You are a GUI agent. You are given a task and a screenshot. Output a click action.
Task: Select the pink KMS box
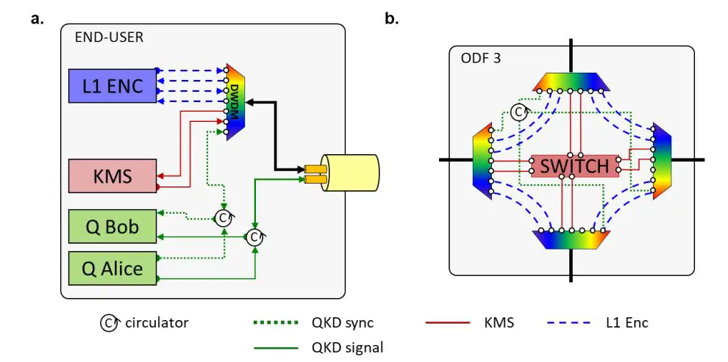tap(112, 176)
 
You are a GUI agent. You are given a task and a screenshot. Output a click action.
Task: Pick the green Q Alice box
tap(112, 268)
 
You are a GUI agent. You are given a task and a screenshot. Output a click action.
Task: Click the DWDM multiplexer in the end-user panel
tap(235, 101)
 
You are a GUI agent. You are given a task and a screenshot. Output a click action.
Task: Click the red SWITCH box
tap(574, 166)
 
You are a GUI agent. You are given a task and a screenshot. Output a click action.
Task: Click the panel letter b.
tap(392, 19)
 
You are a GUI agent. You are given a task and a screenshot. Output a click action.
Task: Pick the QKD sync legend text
tap(346, 322)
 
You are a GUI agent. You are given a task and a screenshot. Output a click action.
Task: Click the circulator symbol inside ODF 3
tap(519, 111)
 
